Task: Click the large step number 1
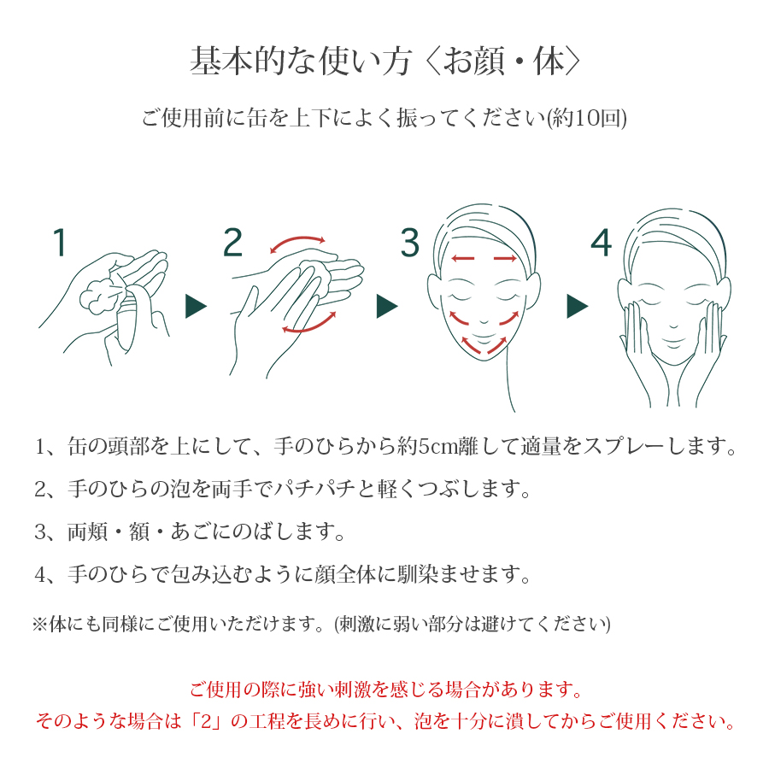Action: pyautogui.click(x=60, y=243)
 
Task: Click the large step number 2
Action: pyautogui.click(x=233, y=243)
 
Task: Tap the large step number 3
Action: pyautogui.click(x=410, y=243)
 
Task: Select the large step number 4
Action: pyautogui.click(x=602, y=243)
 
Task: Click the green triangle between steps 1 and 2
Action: pyautogui.click(x=196, y=306)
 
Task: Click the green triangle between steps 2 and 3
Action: pyautogui.click(x=387, y=306)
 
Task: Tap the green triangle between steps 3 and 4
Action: pyautogui.click(x=578, y=306)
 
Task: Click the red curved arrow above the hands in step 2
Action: pyautogui.click(x=297, y=241)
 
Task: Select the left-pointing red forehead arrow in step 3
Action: pyautogui.click(x=462, y=258)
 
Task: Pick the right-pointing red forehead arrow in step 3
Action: pyautogui.click(x=505, y=258)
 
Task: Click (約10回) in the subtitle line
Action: pyautogui.click(x=587, y=119)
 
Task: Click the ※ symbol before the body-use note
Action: pyautogui.click(x=39, y=625)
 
